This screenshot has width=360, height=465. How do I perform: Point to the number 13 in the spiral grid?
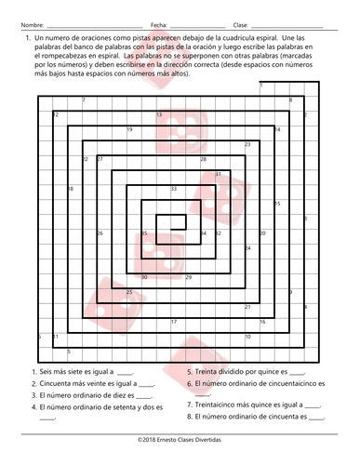tap(159, 115)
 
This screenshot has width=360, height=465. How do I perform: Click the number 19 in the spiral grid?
tap(129, 129)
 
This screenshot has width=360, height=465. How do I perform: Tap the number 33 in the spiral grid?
tap(174, 189)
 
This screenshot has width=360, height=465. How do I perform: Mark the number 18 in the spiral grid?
tap(70, 189)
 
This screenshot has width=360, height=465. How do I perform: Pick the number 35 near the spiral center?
tap(144, 232)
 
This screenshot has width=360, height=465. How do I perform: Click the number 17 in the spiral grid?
tap(174, 322)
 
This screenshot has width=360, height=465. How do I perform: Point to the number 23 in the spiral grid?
tap(247, 144)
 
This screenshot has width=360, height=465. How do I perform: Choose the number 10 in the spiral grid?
tap(247, 336)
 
